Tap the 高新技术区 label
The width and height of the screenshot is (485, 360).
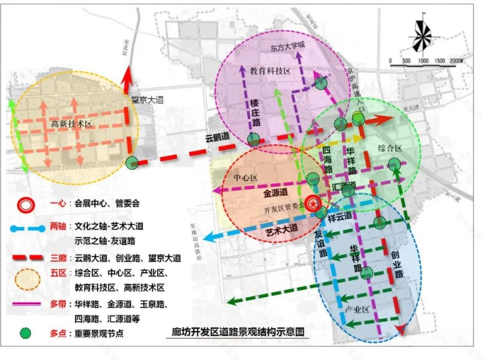pyautogui.click(x=71, y=124)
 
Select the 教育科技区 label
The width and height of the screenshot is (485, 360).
pyautogui.click(x=270, y=71)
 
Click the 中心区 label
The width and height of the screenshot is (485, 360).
pyautogui.click(x=246, y=178)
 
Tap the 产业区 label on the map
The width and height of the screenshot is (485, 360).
pyautogui.click(x=357, y=309)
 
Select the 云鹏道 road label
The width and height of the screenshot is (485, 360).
pyautogui.click(x=217, y=136)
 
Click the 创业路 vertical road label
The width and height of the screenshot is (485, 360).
pyautogui.click(x=395, y=265)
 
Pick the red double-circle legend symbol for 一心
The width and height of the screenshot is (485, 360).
pyautogui.click(x=26, y=203)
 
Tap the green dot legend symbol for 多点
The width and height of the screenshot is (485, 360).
pyautogui.click(x=26, y=334)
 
